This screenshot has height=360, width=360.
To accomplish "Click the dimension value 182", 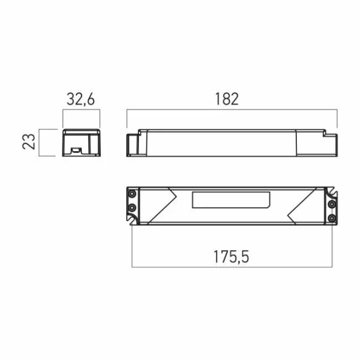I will (227, 99).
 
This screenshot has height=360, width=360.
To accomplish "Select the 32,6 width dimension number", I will (81, 99).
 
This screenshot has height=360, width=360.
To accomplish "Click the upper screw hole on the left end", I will (132, 194).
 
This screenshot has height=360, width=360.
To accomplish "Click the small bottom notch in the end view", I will (78, 149).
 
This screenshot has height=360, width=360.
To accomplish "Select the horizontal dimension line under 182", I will (231, 110).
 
